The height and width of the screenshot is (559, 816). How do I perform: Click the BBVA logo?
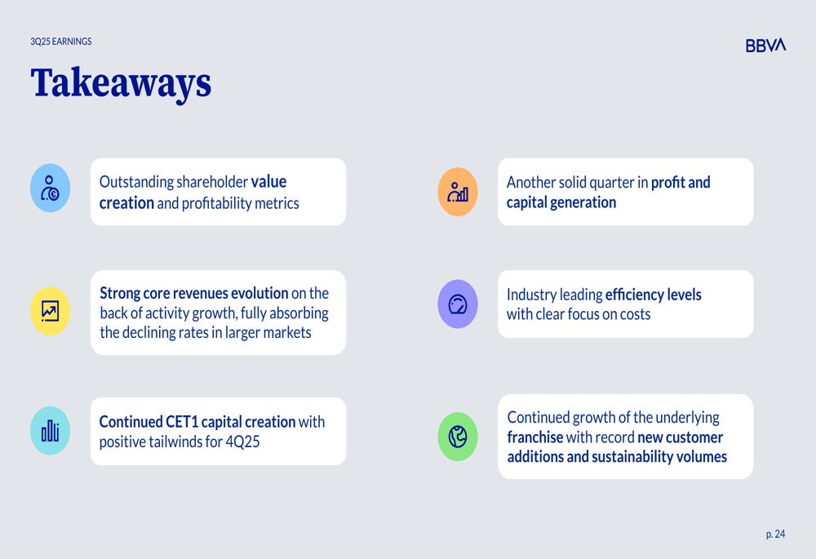pos(765,45)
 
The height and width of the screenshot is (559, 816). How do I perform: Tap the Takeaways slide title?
pos(121,83)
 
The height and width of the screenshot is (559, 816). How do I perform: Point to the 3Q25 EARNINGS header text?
pos(61,42)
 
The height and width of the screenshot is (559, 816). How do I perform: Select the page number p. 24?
pos(775,534)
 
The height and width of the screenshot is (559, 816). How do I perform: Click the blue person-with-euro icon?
pos(50,188)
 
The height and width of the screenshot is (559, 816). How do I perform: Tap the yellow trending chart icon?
pos(50,311)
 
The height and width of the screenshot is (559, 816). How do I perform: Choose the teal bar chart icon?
pos(50,430)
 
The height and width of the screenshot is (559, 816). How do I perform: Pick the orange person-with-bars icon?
pos(458,192)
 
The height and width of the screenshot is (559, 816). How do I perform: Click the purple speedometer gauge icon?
pos(458,304)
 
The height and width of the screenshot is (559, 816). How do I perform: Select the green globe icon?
pos(458,436)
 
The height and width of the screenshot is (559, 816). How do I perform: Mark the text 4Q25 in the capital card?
pos(242,441)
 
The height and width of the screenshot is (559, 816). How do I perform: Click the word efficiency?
pos(634,295)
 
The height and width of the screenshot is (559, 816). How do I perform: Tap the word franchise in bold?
pos(535,437)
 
